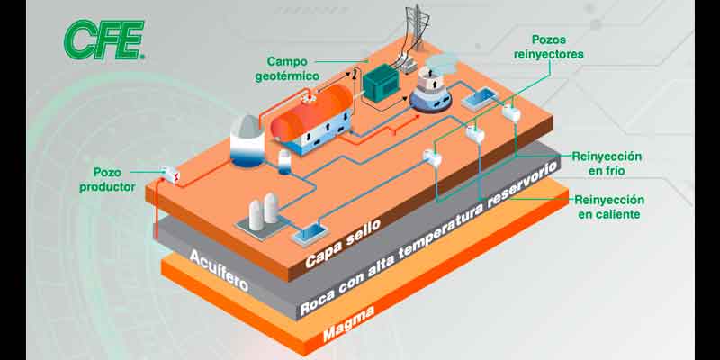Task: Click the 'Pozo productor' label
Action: [113, 179]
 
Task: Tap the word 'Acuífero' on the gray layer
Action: [218, 264]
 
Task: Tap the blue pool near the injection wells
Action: [478, 99]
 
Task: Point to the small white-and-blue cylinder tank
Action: [284, 163]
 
